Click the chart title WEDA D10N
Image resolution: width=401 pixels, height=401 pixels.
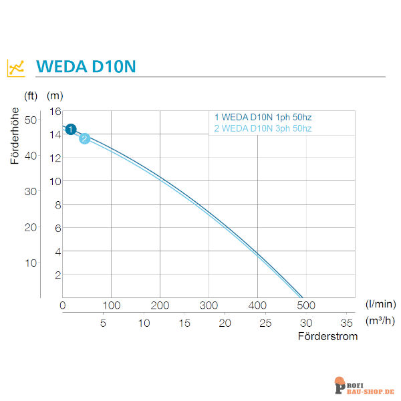pyautogui.click(x=87, y=68)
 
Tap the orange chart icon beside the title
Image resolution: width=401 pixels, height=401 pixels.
pyautogui.click(x=16, y=68)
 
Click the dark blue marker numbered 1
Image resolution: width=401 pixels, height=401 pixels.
pyautogui.click(x=72, y=129)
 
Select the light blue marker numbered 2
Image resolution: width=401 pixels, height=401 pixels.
pyautogui.click(x=85, y=138)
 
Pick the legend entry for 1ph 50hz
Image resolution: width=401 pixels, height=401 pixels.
pyautogui.click(x=263, y=118)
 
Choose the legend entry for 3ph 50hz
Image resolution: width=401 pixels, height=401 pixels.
pyautogui.click(x=263, y=128)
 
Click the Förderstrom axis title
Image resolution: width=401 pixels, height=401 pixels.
pyautogui.click(x=327, y=336)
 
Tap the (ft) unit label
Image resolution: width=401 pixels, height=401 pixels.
pyautogui.click(x=31, y=96)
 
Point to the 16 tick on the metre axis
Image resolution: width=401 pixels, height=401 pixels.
pyautogui.click(x=55, y=111)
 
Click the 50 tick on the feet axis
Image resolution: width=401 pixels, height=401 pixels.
pyautogui.click(x=30, y=120)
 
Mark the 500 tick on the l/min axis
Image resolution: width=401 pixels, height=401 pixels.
pyautogui.click(x=306, y=305)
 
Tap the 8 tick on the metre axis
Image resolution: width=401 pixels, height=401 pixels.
pyautogui.click(x=57, y=205)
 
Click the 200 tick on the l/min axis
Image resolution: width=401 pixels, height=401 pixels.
pyautogui.click(x=160, y=305)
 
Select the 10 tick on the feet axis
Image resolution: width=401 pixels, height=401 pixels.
pyautogui.click(x=30, y=263)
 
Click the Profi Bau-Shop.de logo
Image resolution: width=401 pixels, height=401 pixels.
pyautogui.click(x=364, y=386)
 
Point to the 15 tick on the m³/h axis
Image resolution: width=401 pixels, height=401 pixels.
pyautogui.click(x=184, y=323)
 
